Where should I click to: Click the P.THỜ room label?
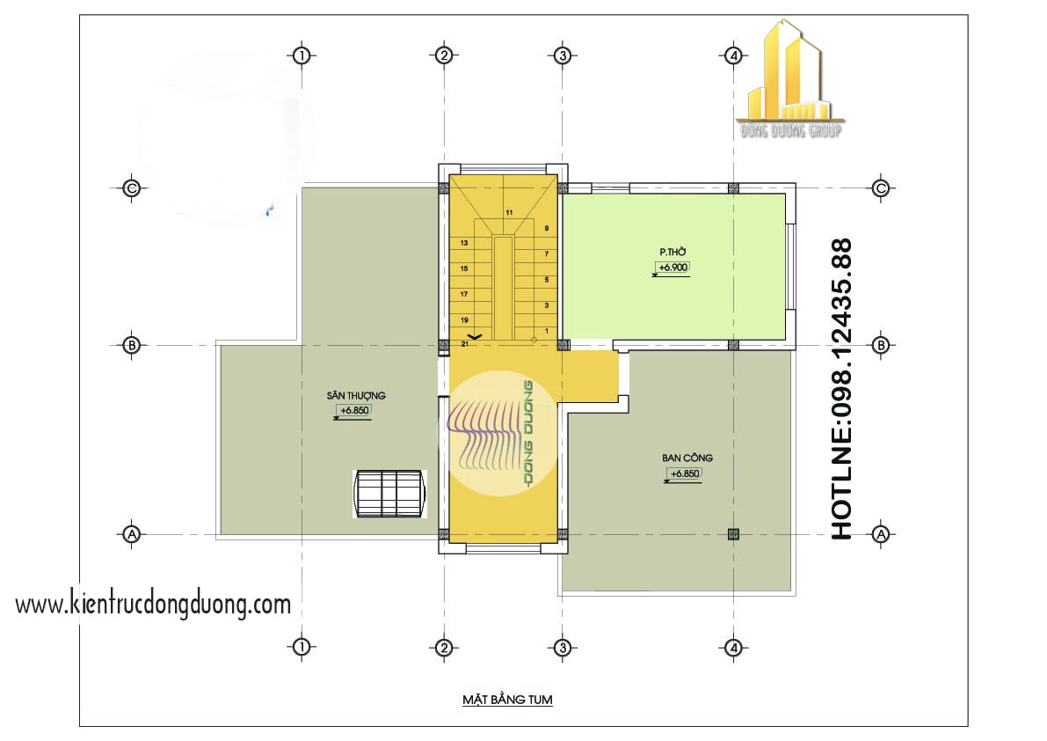673,252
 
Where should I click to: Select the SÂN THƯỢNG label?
355,396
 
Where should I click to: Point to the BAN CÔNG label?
687,458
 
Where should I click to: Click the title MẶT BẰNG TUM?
507,701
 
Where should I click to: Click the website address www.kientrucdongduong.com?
153,605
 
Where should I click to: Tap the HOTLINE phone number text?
841,388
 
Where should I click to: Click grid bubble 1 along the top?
302,55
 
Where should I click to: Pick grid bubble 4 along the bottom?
733,649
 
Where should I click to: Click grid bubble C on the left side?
131,187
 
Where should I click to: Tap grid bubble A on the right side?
881,533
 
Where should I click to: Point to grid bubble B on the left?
131,345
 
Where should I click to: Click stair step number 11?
508,213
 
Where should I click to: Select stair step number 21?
463,344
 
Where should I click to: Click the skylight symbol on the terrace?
389,494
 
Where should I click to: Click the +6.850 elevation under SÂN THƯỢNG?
354,411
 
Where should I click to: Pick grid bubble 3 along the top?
563,55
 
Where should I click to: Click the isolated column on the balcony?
733,533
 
